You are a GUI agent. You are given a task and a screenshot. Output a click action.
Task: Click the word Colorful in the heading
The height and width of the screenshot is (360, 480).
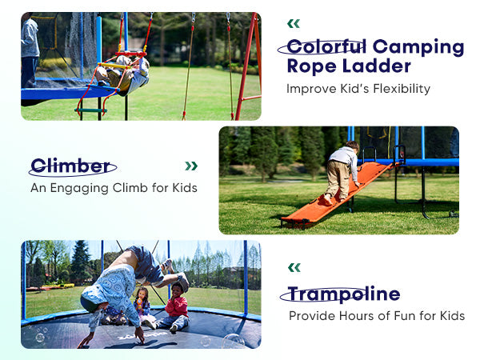tap(326, 47)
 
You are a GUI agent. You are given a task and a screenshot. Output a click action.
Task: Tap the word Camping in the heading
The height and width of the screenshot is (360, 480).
tap(418, 48)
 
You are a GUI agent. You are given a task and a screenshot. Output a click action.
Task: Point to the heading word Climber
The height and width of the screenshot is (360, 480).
tap(70, 166)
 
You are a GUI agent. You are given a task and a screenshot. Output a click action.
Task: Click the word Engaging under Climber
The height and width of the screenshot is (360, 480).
tap(79, 188)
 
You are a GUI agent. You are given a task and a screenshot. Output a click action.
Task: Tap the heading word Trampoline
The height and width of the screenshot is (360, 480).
tap(344, 294)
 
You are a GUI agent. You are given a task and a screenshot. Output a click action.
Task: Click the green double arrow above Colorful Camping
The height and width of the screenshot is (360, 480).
tap(294, 23)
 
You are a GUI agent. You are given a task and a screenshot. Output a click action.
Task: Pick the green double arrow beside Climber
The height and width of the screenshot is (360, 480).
tap(191, 166)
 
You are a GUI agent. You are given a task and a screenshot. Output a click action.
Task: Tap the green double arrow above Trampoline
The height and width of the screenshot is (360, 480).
tap(294, 267)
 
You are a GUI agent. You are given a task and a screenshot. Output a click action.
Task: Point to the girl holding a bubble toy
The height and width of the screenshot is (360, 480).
tap(142, 306)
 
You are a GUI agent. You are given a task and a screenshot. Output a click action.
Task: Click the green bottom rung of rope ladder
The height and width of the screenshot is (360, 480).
tap(90, 110)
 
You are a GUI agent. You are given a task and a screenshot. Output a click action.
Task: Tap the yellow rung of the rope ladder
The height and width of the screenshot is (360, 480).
tap(114, 66)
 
